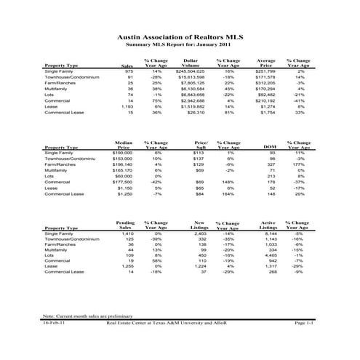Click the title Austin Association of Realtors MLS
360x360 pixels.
point(180,35)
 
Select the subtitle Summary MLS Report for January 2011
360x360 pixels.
point(180,44)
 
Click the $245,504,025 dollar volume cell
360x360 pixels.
point(191,72)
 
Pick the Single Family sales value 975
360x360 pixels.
point(129,72)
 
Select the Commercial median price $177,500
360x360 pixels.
point(122,183)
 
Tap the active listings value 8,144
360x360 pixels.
point(268,233)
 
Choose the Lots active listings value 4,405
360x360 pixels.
point(268,257)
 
